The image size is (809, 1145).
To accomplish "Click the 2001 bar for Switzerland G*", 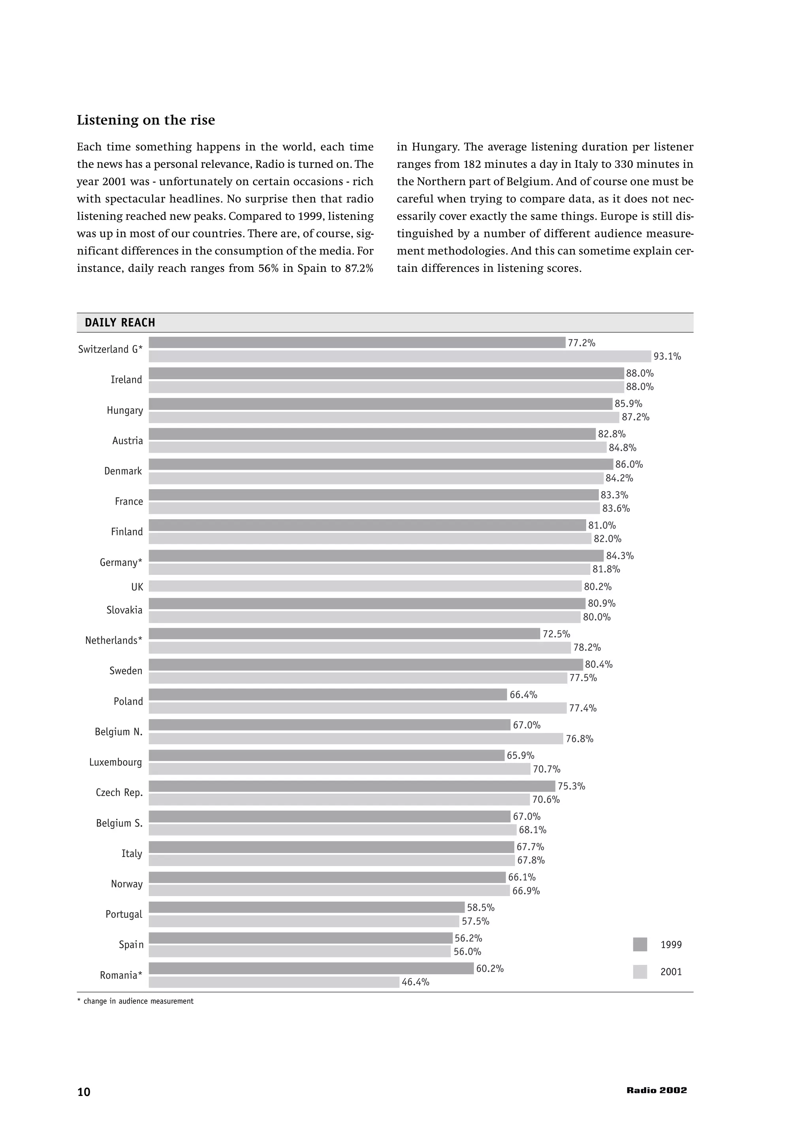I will tap(400, 356).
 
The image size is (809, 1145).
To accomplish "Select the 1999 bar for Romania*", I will tap(311, 968).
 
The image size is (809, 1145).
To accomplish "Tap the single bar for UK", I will tap(365, 586).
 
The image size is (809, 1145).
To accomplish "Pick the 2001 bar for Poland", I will tap(357, 708).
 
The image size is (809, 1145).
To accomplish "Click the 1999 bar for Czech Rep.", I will tap(352, 786).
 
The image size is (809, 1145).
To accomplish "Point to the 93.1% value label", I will tap(667, 356).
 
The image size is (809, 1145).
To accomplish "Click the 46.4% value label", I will tap(415, 982).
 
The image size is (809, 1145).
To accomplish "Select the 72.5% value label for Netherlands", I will tap(556, 634).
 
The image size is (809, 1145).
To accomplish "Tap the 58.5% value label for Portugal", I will tap(480, 907).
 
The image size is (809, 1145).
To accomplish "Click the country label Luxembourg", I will tap(116, 762).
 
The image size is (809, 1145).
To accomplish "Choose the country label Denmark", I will tap(123, 471).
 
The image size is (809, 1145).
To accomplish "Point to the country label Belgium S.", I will tap(119, 823).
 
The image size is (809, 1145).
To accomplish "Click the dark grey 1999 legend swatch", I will tap(640, 944).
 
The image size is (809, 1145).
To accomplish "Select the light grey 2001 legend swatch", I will tap(640, 972).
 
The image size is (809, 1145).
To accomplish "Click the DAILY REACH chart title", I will tap(120, 323).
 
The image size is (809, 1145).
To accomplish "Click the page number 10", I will tap(84, 1092).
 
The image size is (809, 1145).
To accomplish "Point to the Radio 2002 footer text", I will tap(657, 1090).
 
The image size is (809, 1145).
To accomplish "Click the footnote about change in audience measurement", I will tap(135, 1001).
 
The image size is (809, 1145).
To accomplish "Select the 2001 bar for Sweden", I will tap(358, 678).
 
